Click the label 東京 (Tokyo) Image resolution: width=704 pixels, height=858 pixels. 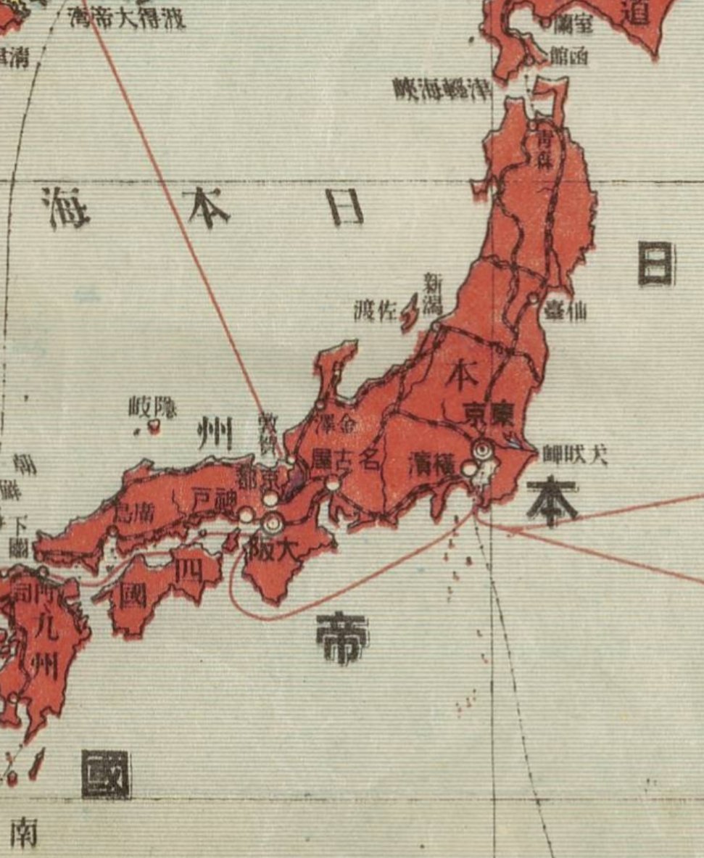[489, 414]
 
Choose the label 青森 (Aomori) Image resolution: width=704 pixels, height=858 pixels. [544, 151]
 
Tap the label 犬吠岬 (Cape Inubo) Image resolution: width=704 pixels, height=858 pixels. [575, 454]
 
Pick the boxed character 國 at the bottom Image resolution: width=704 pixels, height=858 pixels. [106, 774]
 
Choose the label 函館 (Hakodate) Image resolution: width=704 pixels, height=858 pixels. [568, 56]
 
